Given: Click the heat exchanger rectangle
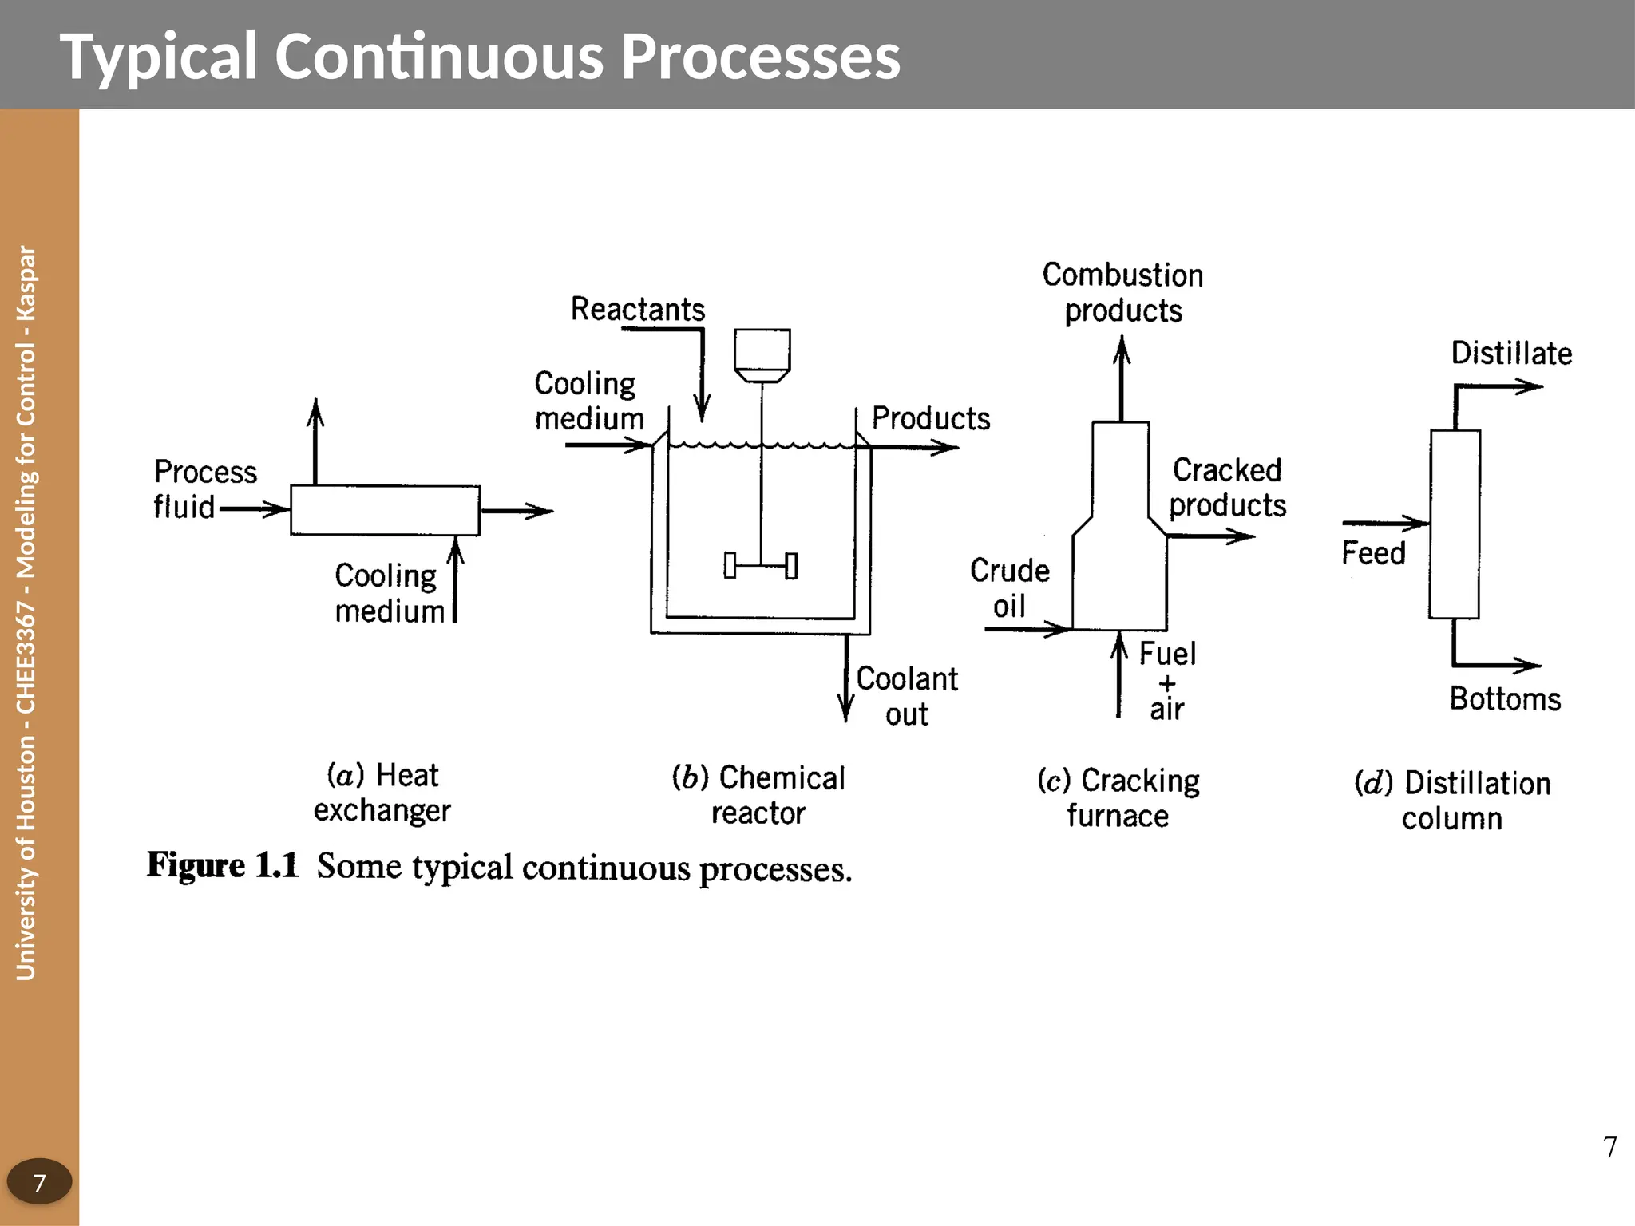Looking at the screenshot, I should pyautogui.click(x=385, y=510).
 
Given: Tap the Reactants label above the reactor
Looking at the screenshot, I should pyautogui.click(x=637, y=309).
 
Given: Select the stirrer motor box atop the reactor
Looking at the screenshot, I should pyautogui.click(x=762, y=350).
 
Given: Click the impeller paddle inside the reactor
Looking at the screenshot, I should pyautogui.click(x=760, y=565).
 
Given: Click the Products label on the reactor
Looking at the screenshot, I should pyautogui.click(x=930, y=418).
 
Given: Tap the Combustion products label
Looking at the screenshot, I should pyautogui.click(x=1122, y=292).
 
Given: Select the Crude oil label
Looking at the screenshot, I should pyautogui.click(x=1009, y=588).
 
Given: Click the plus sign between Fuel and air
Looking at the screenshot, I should pyautogui.click(x=1167, y=683).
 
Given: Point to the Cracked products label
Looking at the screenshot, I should pyautogui.click(x=1227, y=487).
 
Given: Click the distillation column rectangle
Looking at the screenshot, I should pyautogui.click(x=1454, y=524).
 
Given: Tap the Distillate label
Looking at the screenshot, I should pyautogui.click(x=1510, y=353).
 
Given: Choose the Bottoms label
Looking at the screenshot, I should pyautogui.click(x=1504, y=698).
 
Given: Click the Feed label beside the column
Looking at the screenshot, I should pyautogui.click(x=1372, y=552).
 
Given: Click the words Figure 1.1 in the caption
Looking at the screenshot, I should pyautogui.click(x=222, y=865).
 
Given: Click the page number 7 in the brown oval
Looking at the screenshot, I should pyautogui.click(x=39, y=1181).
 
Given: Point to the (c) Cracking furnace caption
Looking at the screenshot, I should pyautogui.click(x=1118, y=797).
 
